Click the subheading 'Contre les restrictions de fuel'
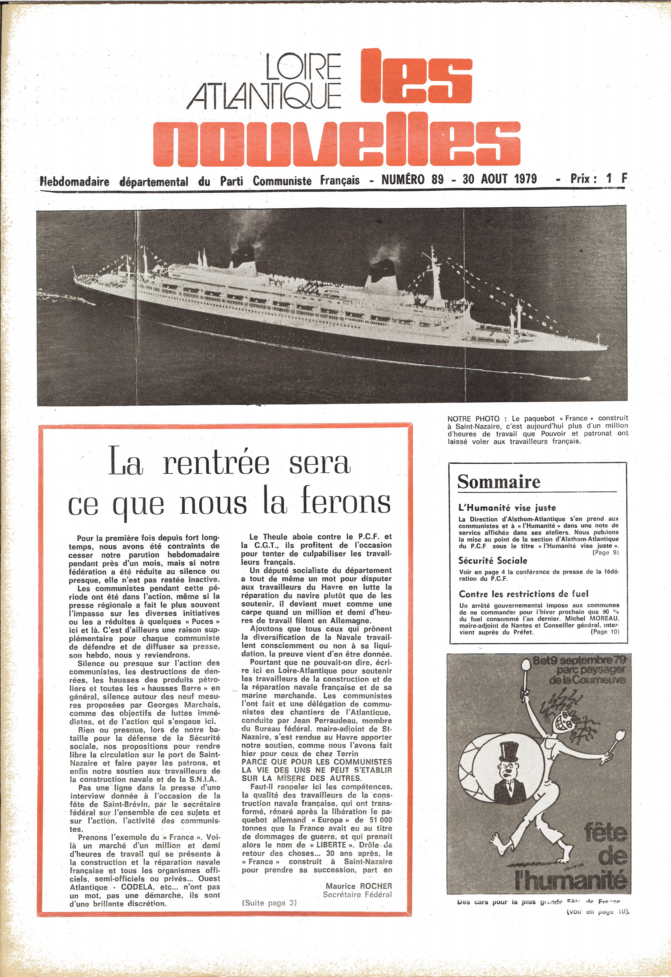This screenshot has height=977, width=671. [x=523, y=594]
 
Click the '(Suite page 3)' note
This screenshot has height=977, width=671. [x=269, y=903]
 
